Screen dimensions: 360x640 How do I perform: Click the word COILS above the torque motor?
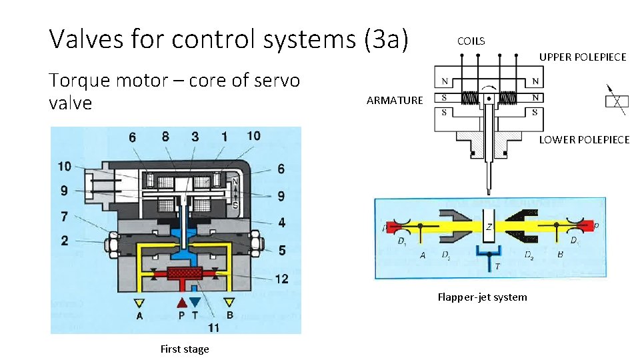pyautogui.click(x=471, y=41)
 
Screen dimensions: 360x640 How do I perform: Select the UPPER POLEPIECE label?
pyautogui.click(x=582, y=57)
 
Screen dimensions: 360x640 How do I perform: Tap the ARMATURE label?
pyautogui.click(x=394, y=101)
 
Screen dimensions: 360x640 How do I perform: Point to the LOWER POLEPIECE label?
pyautogui.click(x=584, y=139)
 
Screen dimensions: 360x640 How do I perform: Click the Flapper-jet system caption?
pyautogui.click(x=481, y=297)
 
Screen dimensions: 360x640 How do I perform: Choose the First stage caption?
pyautogui.click(x=185, y=349)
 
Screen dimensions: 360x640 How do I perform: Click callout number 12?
pyautogui.click(x=281, y=278)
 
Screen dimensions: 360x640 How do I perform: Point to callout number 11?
pyautogui.click(x=213, y=327)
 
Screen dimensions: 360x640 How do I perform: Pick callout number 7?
pyautogui.click(x=64, y=217)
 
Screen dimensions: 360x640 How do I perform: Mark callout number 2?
pyautogui.click(x=64, y=241)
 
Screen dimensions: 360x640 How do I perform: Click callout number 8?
pyautogui.click(x=165, y=137)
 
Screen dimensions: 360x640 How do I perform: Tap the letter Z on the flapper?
pyautogui.click(x=489, y=227)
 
